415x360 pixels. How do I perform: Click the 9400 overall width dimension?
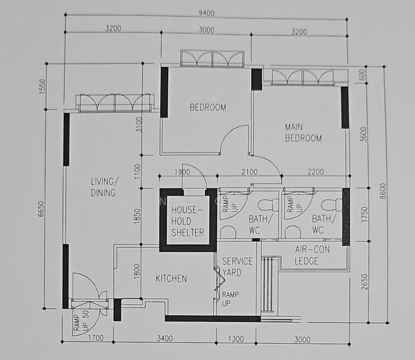coord(206,13)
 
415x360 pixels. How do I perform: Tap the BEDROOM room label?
coord(207,107)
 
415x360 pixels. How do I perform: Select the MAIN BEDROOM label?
coord(303,133)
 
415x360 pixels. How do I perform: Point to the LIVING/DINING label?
coord(104,187)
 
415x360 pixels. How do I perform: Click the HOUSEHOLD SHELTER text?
coord(188,221)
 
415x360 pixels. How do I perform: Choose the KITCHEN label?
coord(172,278)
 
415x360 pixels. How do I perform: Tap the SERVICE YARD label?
coord(237,267)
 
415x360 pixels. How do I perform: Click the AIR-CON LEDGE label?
coord(312,255)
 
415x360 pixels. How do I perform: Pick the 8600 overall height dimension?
coord(383,191)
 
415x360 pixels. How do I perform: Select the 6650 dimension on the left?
coord(41,209)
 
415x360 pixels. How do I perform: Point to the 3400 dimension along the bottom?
coord(165,338)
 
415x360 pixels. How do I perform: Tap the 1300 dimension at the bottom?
coord(236,339)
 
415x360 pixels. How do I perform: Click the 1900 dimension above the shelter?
coord(182,172)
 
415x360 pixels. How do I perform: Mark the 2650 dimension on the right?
coord(365,282)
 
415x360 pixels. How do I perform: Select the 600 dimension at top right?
coord(362,75)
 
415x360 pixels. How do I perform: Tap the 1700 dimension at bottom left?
coord(96,338)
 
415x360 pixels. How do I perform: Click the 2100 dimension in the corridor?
coord(249,172)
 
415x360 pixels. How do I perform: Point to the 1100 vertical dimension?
coord(137,172)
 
